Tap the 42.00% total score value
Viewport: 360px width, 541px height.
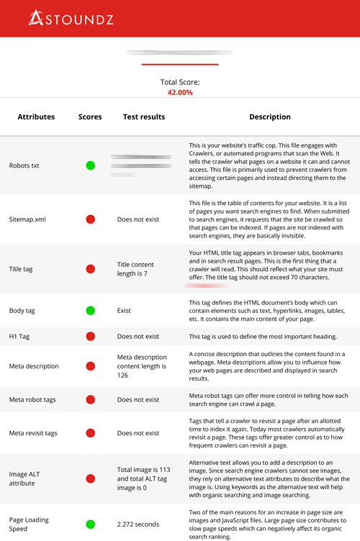point(179,93)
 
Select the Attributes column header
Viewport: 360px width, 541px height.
point(36,117)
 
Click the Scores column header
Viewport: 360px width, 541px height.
point(90,117)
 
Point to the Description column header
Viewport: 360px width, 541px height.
point(270,117)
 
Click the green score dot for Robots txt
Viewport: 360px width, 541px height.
point(91,165)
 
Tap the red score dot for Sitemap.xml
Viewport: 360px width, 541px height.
point(91,219)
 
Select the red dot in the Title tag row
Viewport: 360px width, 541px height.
point(91,269)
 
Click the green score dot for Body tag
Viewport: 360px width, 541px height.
point(91,311)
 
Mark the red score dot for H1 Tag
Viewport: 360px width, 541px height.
point(91,337)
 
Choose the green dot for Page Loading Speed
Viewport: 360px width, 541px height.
point(91,524)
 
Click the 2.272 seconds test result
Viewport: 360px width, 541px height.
point(138,524)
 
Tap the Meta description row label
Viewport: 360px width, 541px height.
point(34,366)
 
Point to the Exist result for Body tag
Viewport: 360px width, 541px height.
point(125,311)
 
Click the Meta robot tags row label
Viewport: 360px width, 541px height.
point(33,399)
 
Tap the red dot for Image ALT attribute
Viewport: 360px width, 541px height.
point(91,478)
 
